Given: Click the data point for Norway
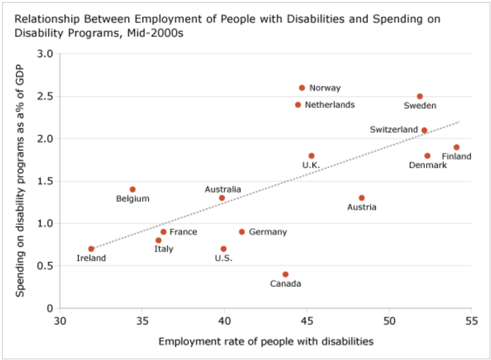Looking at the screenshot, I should click(x=302, y=88).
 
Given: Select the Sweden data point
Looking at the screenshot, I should click(x=420, y=96).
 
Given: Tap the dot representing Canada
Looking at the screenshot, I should click(x=285, y=274).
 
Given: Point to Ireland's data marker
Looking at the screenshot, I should click(x=91, y=249).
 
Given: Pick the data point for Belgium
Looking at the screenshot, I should click(x=132, y=189).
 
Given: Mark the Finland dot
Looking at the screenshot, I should click(x=456, y=147).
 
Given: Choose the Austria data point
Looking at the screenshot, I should click(x=362, y=197).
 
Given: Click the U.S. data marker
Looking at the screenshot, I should click(x=223, y=249).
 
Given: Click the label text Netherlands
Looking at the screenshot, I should click(x=329, y=105).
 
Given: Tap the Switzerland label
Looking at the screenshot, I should click(x=394, y=129).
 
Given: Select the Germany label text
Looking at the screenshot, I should click(x=268, y=232).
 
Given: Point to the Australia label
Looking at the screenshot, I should click(x=222, y=189).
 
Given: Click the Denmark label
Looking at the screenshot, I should click(x=428, y=165).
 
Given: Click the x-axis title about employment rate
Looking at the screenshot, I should click(x=266, y=341).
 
